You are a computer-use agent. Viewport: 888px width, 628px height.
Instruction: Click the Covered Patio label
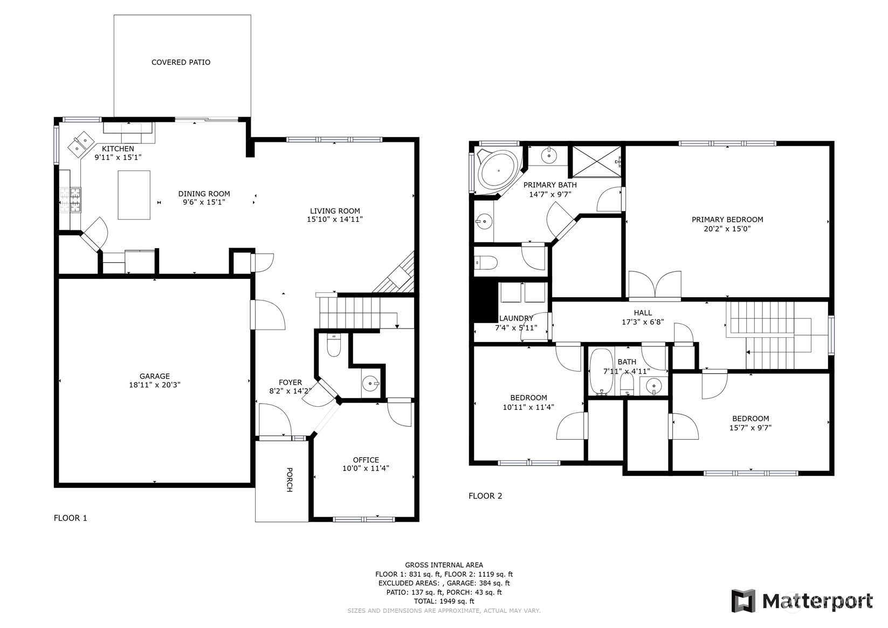point(181,62)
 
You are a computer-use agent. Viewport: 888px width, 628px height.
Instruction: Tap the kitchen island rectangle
point(134,195)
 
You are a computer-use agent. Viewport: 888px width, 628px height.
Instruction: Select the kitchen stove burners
point(71,200)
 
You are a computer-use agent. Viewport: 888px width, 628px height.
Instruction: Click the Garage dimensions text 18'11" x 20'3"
point(155,385)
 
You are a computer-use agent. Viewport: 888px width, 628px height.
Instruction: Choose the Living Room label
point(335,211)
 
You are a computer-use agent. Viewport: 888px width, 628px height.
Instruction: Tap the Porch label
point(290,480)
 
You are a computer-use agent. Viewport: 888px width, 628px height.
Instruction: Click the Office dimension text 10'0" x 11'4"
point(366,468)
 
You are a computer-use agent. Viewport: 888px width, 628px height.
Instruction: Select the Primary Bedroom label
point(727,220)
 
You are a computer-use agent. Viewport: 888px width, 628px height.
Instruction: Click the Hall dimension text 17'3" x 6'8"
point(643,322)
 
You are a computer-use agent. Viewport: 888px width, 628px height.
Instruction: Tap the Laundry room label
point(516,318)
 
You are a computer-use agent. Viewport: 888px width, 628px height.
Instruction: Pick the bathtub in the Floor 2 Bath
point(601,372)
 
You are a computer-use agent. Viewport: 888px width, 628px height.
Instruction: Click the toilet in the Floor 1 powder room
point(334,345)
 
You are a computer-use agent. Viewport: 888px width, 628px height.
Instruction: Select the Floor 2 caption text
point(485,496)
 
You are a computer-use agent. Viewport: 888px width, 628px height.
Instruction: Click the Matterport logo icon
point(744,601)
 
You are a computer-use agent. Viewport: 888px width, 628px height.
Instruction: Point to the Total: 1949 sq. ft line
point(444,602)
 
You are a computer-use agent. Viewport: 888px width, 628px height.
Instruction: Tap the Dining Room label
point(204,194)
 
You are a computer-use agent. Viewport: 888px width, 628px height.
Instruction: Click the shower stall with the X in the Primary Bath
point(597,161)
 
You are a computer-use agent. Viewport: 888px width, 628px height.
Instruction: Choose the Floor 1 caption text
point(70,518)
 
